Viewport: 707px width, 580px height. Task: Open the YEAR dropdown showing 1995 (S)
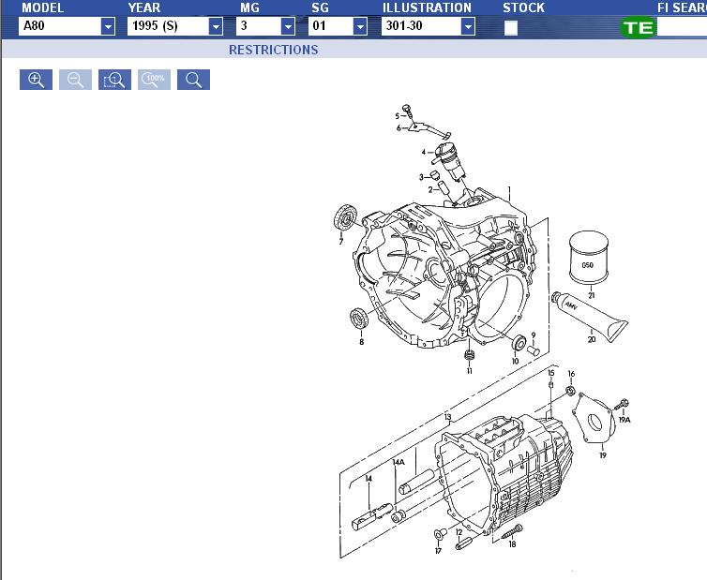175,26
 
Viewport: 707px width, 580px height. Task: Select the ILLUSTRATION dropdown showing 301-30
429,26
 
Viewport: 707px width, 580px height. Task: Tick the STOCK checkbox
511,27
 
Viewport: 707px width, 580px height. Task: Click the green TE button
638,27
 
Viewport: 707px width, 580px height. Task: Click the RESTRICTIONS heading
273,50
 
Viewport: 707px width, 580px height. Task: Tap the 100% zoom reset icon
154,80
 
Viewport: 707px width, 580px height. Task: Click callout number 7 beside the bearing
340,241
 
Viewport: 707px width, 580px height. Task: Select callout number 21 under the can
592,295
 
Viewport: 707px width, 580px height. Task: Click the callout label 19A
624,421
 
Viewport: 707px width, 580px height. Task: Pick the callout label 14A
399,462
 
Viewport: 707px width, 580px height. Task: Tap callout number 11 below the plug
469,371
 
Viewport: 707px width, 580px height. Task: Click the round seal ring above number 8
359,317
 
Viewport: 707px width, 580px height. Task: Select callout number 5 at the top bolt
397,116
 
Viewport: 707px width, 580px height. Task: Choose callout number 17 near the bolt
438,552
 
